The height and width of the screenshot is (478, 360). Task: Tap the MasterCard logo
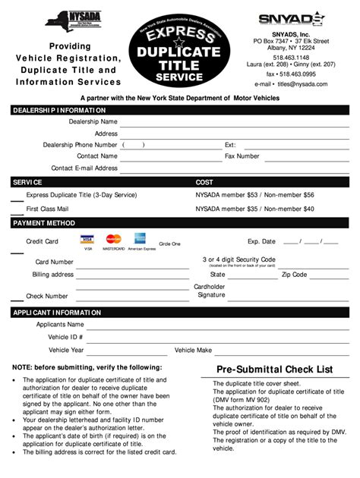click(x=114, y=240)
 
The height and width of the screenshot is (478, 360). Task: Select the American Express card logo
click(x=140, y=239)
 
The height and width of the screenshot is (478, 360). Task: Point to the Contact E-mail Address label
click(x=84, y=168)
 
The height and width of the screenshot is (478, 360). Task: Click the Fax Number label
click(x=242, y=156)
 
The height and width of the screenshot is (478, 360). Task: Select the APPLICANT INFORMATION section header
click(x=58, y=312)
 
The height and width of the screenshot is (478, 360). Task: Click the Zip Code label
click(x=294, y=275)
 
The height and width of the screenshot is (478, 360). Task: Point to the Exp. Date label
click(x=261, y=241)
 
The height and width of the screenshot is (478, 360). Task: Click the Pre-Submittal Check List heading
click(x=274, y=369)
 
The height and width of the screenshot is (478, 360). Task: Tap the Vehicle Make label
click(x=193, y=351)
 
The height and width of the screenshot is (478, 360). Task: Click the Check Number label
click(x=47, y=296)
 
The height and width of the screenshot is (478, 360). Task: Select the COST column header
click(x=204, y=182)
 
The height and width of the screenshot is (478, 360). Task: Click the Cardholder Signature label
click(x=210, y=291)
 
